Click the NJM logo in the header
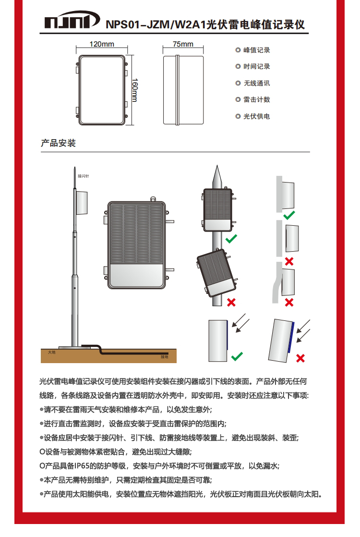click(72, 23)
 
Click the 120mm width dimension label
click(102, 45)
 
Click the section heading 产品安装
click(58, 143)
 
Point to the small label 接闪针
click(83, 176)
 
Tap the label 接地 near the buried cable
click(165, 357)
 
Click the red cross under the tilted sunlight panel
click(301, 358)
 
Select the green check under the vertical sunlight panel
click(237, 356)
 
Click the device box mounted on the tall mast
click(82, 202)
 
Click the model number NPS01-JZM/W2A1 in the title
click(155, 24)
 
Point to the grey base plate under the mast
click(70, 346)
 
